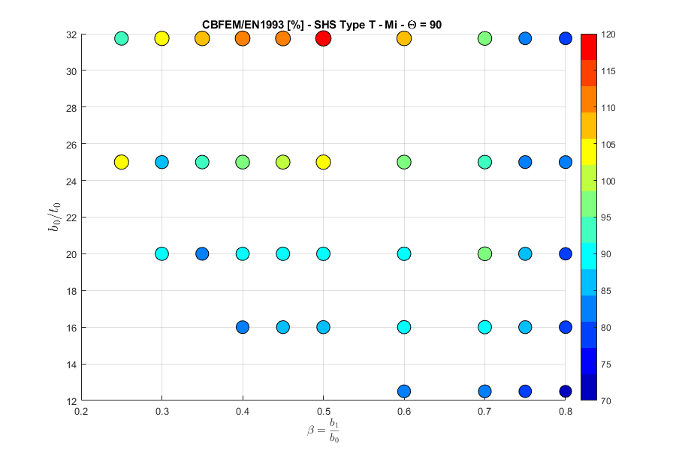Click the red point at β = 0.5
pos(323,38)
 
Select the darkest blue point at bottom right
pos(565,391)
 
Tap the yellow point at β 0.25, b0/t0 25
pos(122,162)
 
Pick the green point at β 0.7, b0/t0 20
pos(484,253)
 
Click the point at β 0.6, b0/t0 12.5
pos(404,391)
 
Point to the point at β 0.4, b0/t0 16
pos(243,327)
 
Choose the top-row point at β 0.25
pos(122,38)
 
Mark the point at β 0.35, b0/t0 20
pos(202,253)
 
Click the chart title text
pos(321,25)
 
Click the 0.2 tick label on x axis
pos(81,411)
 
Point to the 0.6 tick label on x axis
pos(404,411)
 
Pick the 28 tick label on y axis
pos(69,107)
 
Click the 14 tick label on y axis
pos(69,364)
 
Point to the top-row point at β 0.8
pos(565,38)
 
